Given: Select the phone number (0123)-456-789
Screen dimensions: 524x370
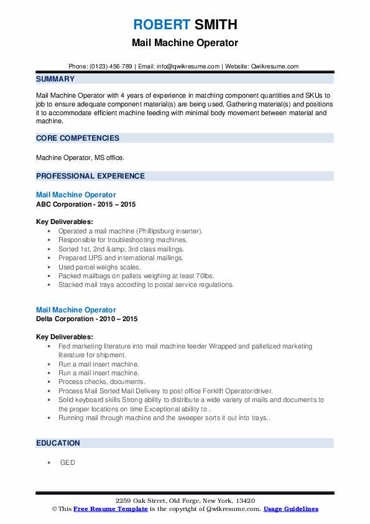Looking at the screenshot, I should click(x=109, y=67).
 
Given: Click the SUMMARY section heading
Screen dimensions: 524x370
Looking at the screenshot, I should click(x=55, y=79).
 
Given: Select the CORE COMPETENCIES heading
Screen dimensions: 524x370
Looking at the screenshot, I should click(x=77, y=138).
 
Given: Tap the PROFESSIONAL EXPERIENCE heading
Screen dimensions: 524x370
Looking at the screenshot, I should click(x=90, y=176).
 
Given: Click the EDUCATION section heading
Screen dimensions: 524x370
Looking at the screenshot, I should click(x=58, y=443).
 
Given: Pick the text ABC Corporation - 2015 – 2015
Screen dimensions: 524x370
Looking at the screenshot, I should click(x=86, y=204).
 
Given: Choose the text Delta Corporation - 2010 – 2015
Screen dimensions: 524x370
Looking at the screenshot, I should click(x=86, y=319).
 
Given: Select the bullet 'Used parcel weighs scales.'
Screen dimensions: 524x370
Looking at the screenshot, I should click(x=100, y=266).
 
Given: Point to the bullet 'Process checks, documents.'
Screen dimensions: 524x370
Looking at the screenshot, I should click(x=101, y=381).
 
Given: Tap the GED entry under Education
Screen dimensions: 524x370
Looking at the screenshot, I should click(x=67, y=462).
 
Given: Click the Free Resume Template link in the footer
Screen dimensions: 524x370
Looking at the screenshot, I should click(x=111, y=508).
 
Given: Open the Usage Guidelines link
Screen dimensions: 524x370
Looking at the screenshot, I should click(x=290, y=508).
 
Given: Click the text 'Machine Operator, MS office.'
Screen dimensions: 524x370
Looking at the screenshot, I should click(x=81, y=157).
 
